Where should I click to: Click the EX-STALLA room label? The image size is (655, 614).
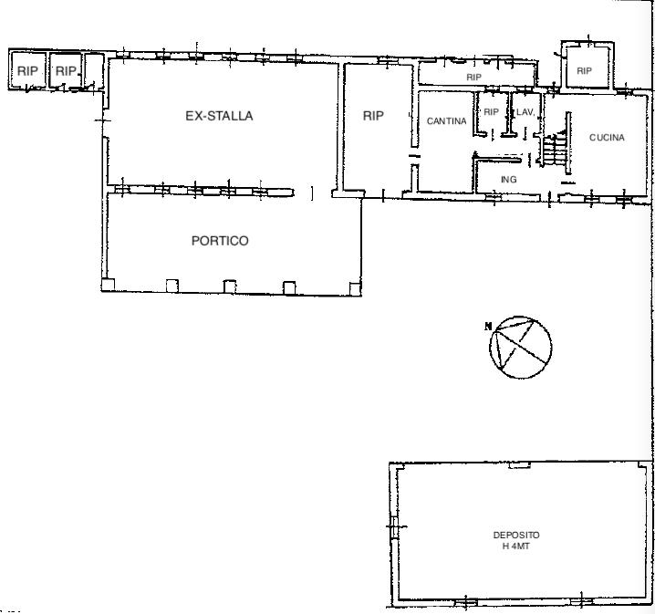[x=219, y=116]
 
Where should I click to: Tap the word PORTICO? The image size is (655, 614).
[x=220, y=241]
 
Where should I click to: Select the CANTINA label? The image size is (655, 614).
[x=447, y=121]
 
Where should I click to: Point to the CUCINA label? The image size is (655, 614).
[x=607, y=138]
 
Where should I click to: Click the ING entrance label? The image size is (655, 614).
[x=509, y=179]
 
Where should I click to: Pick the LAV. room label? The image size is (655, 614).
[x=525, y=112]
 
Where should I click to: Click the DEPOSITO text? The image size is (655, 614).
[x=516, y=535]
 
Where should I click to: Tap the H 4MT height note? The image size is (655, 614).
[x=516, y=546]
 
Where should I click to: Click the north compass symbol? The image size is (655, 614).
[x=521, y=347]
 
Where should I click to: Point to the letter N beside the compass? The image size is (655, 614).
[x=487, y=326]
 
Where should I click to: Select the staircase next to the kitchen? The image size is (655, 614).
[x=555, y=150]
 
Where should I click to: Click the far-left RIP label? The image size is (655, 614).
[x=27, y=71]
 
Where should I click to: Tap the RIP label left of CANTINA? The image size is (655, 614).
[x=373, y=116]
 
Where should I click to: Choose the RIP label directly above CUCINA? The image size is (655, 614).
[x=584, y=71]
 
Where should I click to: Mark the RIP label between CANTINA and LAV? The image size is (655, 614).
[x=491, y=112]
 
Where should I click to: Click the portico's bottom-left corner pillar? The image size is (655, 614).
[x=108, y=285]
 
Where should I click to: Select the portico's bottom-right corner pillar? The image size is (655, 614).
[x=355, y=289]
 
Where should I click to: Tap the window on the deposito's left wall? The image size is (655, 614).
[x=393, y=526]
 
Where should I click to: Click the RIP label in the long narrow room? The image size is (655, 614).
[x=473, y=78]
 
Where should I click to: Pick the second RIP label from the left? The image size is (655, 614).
[x=66, y=71]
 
